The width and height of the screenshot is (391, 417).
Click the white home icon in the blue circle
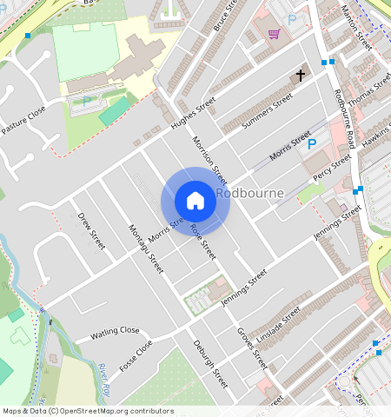click(x=195, y=201)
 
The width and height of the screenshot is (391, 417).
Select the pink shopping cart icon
click(x=275, y=35)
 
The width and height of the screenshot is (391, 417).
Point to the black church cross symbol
click(x=301, y=76)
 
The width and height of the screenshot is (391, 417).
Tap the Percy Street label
click(x=332, y=167)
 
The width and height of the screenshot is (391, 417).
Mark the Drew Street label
click(x=91, y=230)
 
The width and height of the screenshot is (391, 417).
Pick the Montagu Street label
click(x=146, y=248)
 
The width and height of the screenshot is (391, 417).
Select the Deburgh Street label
click(x=210, y=363)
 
